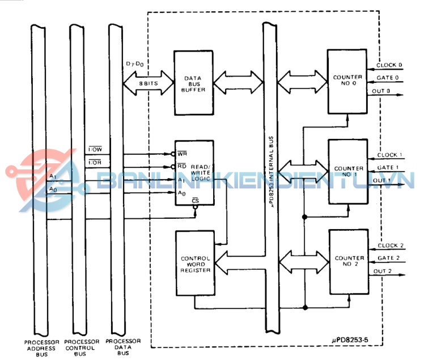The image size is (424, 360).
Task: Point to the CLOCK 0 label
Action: [389, 65]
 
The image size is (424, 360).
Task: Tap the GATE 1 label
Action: [388, 168]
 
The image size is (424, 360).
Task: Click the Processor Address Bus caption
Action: [41, 347]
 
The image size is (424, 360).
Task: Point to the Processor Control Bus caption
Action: [82, 347]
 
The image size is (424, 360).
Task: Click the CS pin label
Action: [195, 201]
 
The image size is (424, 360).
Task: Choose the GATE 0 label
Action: [388, 78]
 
